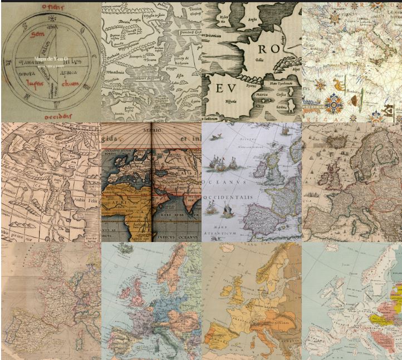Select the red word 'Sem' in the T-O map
pos(37,34)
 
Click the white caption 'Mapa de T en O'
pos(50,58)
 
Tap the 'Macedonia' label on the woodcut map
pos(115,86)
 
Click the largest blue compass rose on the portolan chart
pos(336,103)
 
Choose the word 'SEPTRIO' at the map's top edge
pos(151,130)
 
